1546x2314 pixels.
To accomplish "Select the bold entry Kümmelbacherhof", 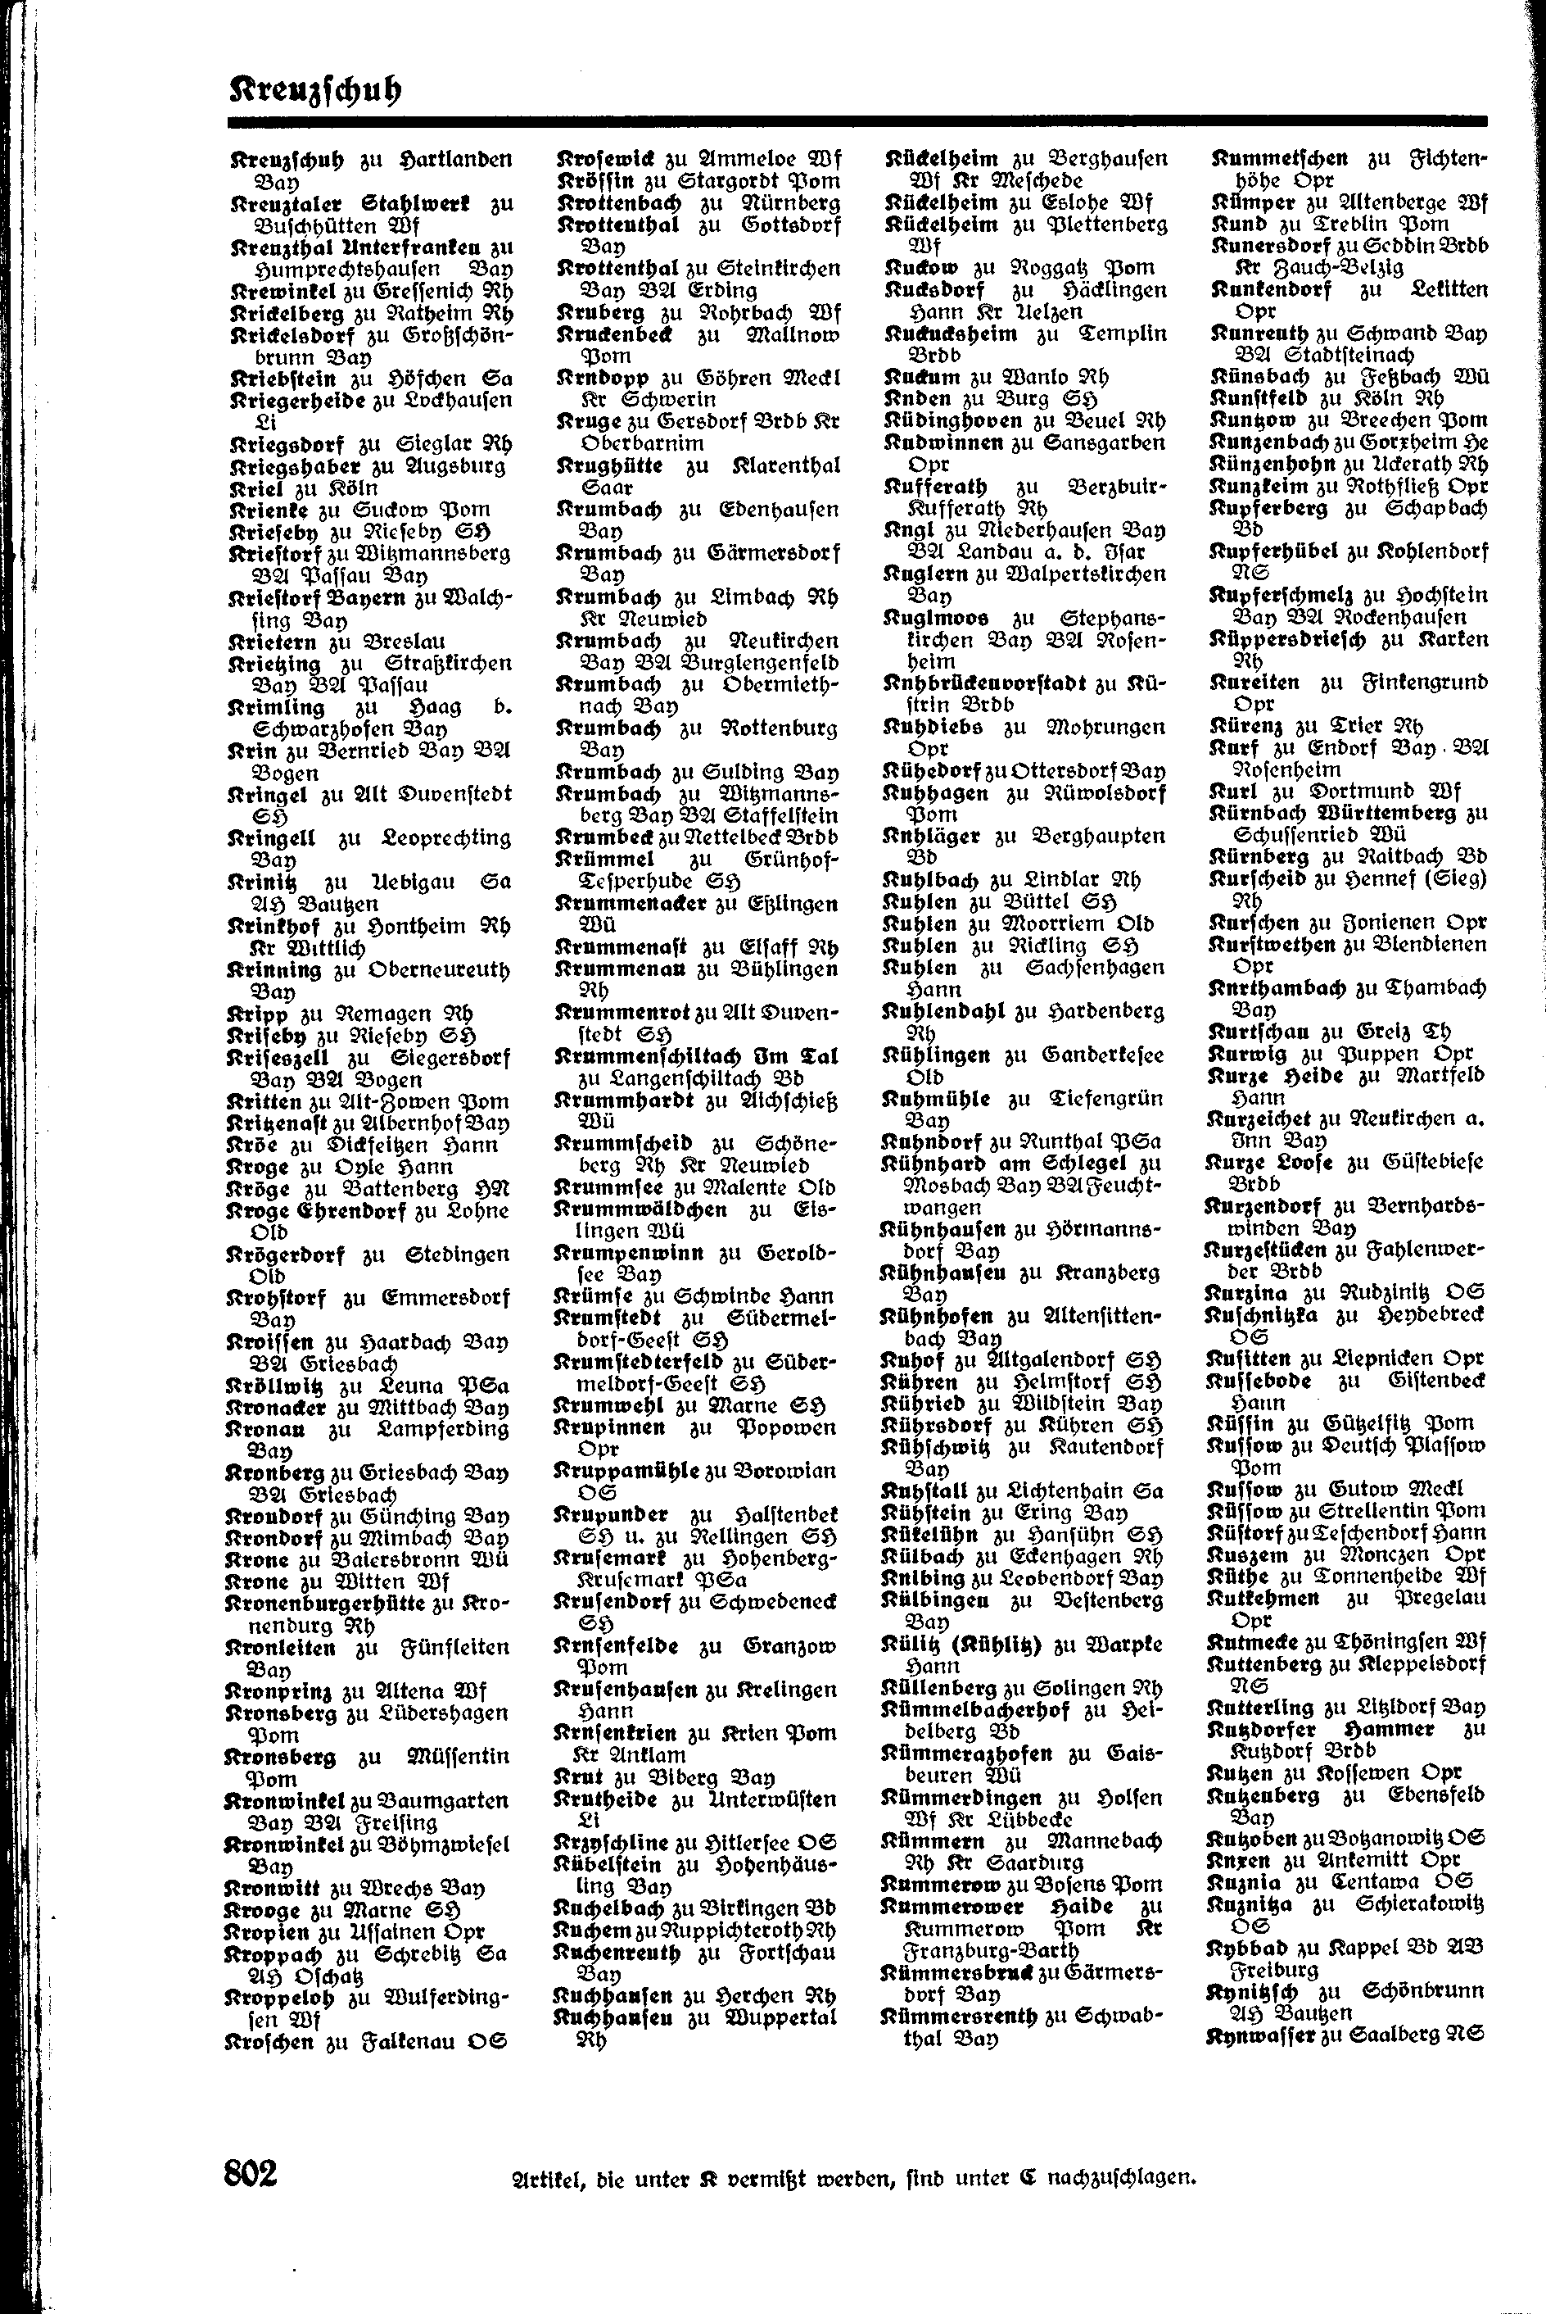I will [x=975, y=1708].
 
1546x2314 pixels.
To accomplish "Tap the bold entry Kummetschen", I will [x=1280, y=158].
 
